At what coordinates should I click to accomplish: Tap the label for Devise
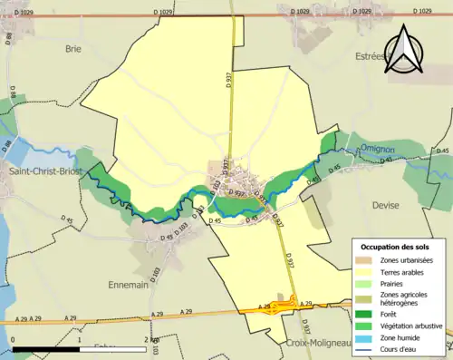click(385, 206)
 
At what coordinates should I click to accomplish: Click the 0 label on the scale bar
click(14, 339)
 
